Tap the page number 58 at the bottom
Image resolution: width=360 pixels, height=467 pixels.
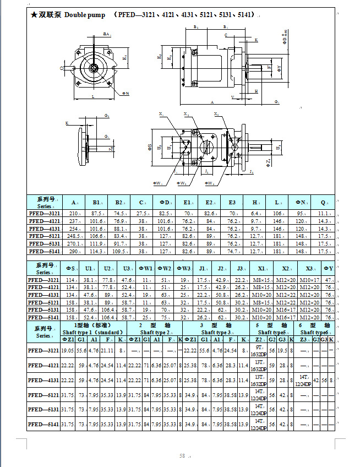point(182,455)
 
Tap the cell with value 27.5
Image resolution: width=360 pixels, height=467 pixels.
point(142,213)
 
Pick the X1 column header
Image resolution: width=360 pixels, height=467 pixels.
point(261,269)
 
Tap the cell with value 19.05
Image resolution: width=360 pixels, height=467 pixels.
point(68,350)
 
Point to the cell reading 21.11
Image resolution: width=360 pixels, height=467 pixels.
point(107,350)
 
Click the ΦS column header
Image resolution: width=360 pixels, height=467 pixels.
point(70,269)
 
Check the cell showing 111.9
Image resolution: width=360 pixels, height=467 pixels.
point(97,243)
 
